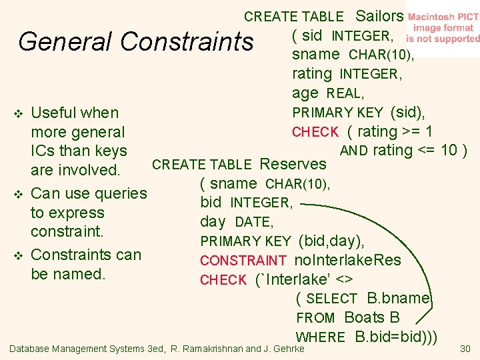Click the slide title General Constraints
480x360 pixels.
pyautogui.click(x=136, y=42)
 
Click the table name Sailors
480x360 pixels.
pyautogui.click(x=379, y=16)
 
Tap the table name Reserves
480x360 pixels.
pyautogui.click(x=293, y=164)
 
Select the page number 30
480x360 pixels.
pyautogui.click(x=465, y=348)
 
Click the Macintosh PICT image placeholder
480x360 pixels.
pyautogui.click(x=442, y=28)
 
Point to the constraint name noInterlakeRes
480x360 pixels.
pyautogui.click(x=348, y=260)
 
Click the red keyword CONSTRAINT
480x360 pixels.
pyautogui.click(x=243, y=261)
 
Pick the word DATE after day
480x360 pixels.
pyautogui.click(x=253, y=222)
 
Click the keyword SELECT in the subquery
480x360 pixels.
pyautogui.click(x=331, y=299)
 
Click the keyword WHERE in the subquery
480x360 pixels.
pyautogui.click(x=321, y=337)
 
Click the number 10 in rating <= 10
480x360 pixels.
pyautogui.click(x=449, y=150)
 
